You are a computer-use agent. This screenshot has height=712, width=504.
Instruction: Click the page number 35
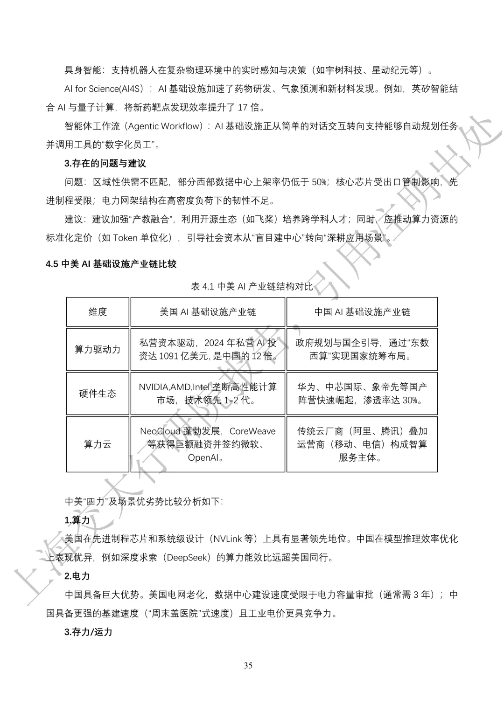[248, 665]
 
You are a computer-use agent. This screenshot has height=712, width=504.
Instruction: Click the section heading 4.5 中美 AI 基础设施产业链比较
[111, 264]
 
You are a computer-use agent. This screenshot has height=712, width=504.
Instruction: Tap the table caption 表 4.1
[252, 286]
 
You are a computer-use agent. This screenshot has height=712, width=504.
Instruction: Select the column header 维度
[98, 312]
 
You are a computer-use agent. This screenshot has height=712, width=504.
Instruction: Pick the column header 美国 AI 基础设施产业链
[208, 312]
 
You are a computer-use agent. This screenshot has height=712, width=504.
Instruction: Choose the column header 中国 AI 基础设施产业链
[362, 312]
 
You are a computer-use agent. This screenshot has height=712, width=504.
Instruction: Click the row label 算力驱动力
[98, 349]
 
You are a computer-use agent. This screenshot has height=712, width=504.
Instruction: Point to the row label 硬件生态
[98, 394]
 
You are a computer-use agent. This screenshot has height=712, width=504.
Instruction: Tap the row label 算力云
[98, 444]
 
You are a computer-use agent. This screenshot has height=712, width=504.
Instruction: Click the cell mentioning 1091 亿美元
[208, 350]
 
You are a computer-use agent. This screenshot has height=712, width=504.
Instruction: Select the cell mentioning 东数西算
[362, 350]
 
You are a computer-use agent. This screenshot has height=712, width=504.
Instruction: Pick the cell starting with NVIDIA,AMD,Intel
[208, 394]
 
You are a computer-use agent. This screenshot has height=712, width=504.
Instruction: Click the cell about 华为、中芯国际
[362, 394]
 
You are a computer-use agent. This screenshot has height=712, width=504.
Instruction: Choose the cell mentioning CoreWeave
[208, 444]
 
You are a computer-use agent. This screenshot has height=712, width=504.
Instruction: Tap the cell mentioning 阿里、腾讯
[362, 444]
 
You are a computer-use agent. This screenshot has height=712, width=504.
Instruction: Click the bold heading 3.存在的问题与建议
[105, 163]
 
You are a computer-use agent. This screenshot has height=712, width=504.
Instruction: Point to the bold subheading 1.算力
[77, 520]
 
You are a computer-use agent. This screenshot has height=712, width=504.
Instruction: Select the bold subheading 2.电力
[77, 576]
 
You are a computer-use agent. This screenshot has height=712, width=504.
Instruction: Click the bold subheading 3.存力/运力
[88, 632]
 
